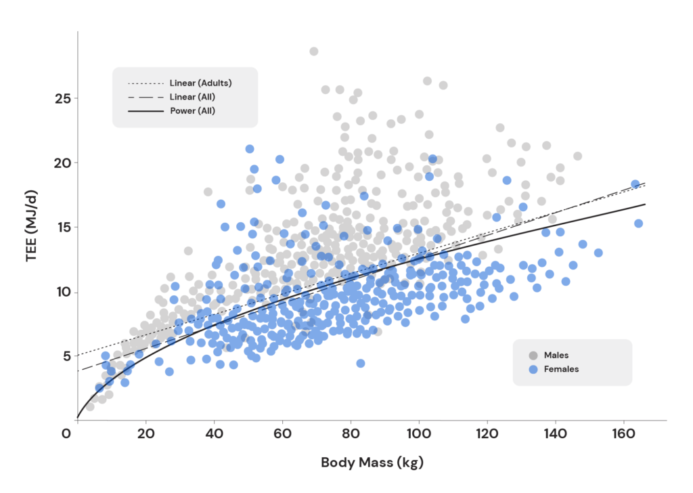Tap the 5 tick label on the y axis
(x=66, y=356)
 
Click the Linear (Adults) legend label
(x=201, y=83)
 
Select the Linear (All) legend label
(x=192, y=97)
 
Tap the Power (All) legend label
(x=193, y=110)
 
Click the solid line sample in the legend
(x=146, y=110)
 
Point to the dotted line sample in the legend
(x=146, y=83)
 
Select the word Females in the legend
(x=562, y=369)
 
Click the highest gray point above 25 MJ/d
(x=314, y=51)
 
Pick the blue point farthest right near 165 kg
(x=638, y=223)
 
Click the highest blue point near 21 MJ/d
(x=250, y=149)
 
